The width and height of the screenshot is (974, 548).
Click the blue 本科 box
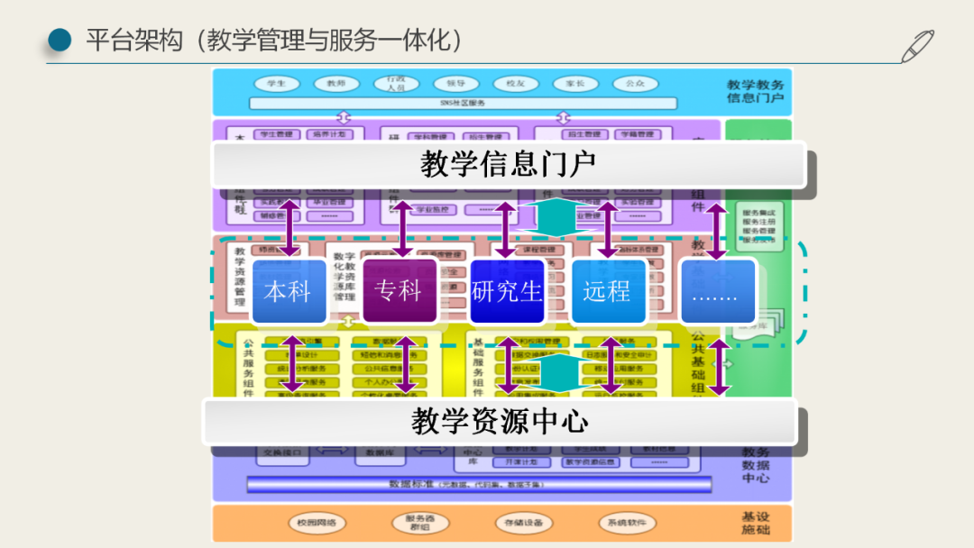(x=288, y=290)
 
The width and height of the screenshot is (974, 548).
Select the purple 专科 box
(x=399, y=290)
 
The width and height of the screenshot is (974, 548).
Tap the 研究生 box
(x=507, y=290)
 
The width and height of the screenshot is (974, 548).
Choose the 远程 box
(x=608, y=290)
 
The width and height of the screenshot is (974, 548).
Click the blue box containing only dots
(x=717, y=290)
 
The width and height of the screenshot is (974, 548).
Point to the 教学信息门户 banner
(x=509, y=164)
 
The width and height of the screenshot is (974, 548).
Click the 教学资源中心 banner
(x=500, y=421)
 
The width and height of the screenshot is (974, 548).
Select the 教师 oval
(x=336, y=84)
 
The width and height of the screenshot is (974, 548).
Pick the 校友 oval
(x=515, y=84)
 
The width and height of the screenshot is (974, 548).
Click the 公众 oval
(x=635, y=84)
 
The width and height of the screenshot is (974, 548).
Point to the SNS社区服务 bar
(x=463, y=103)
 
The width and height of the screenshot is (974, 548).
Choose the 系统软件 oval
(x=627, y=523)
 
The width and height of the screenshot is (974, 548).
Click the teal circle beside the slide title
(x=60, y=39)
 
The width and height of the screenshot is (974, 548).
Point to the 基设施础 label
(x=756, y=523)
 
